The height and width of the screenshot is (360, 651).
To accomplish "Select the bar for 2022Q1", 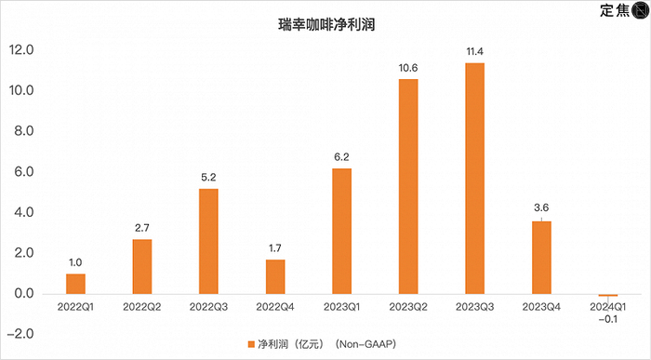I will (75, 284).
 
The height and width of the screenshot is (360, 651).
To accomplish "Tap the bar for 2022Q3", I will (208, 242).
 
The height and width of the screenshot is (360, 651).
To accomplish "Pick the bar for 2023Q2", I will (408, 187).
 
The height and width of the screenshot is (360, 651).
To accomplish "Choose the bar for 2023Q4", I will (541, 258).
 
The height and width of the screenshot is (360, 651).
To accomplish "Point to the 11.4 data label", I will (474, 52).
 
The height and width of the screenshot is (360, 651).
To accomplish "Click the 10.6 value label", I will (408, 68).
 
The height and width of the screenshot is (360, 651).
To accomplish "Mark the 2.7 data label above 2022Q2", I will (142, 228).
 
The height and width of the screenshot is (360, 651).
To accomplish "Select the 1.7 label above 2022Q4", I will (275, 248).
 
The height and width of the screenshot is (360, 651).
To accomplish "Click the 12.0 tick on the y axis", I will (22, 50).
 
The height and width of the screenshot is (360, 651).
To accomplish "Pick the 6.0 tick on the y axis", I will (23, 172).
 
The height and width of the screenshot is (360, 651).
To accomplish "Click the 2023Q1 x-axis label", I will (341, 305).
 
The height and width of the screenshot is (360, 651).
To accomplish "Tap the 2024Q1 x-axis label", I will (607, 305).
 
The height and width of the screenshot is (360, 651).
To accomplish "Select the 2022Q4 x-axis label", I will (275, 305).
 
